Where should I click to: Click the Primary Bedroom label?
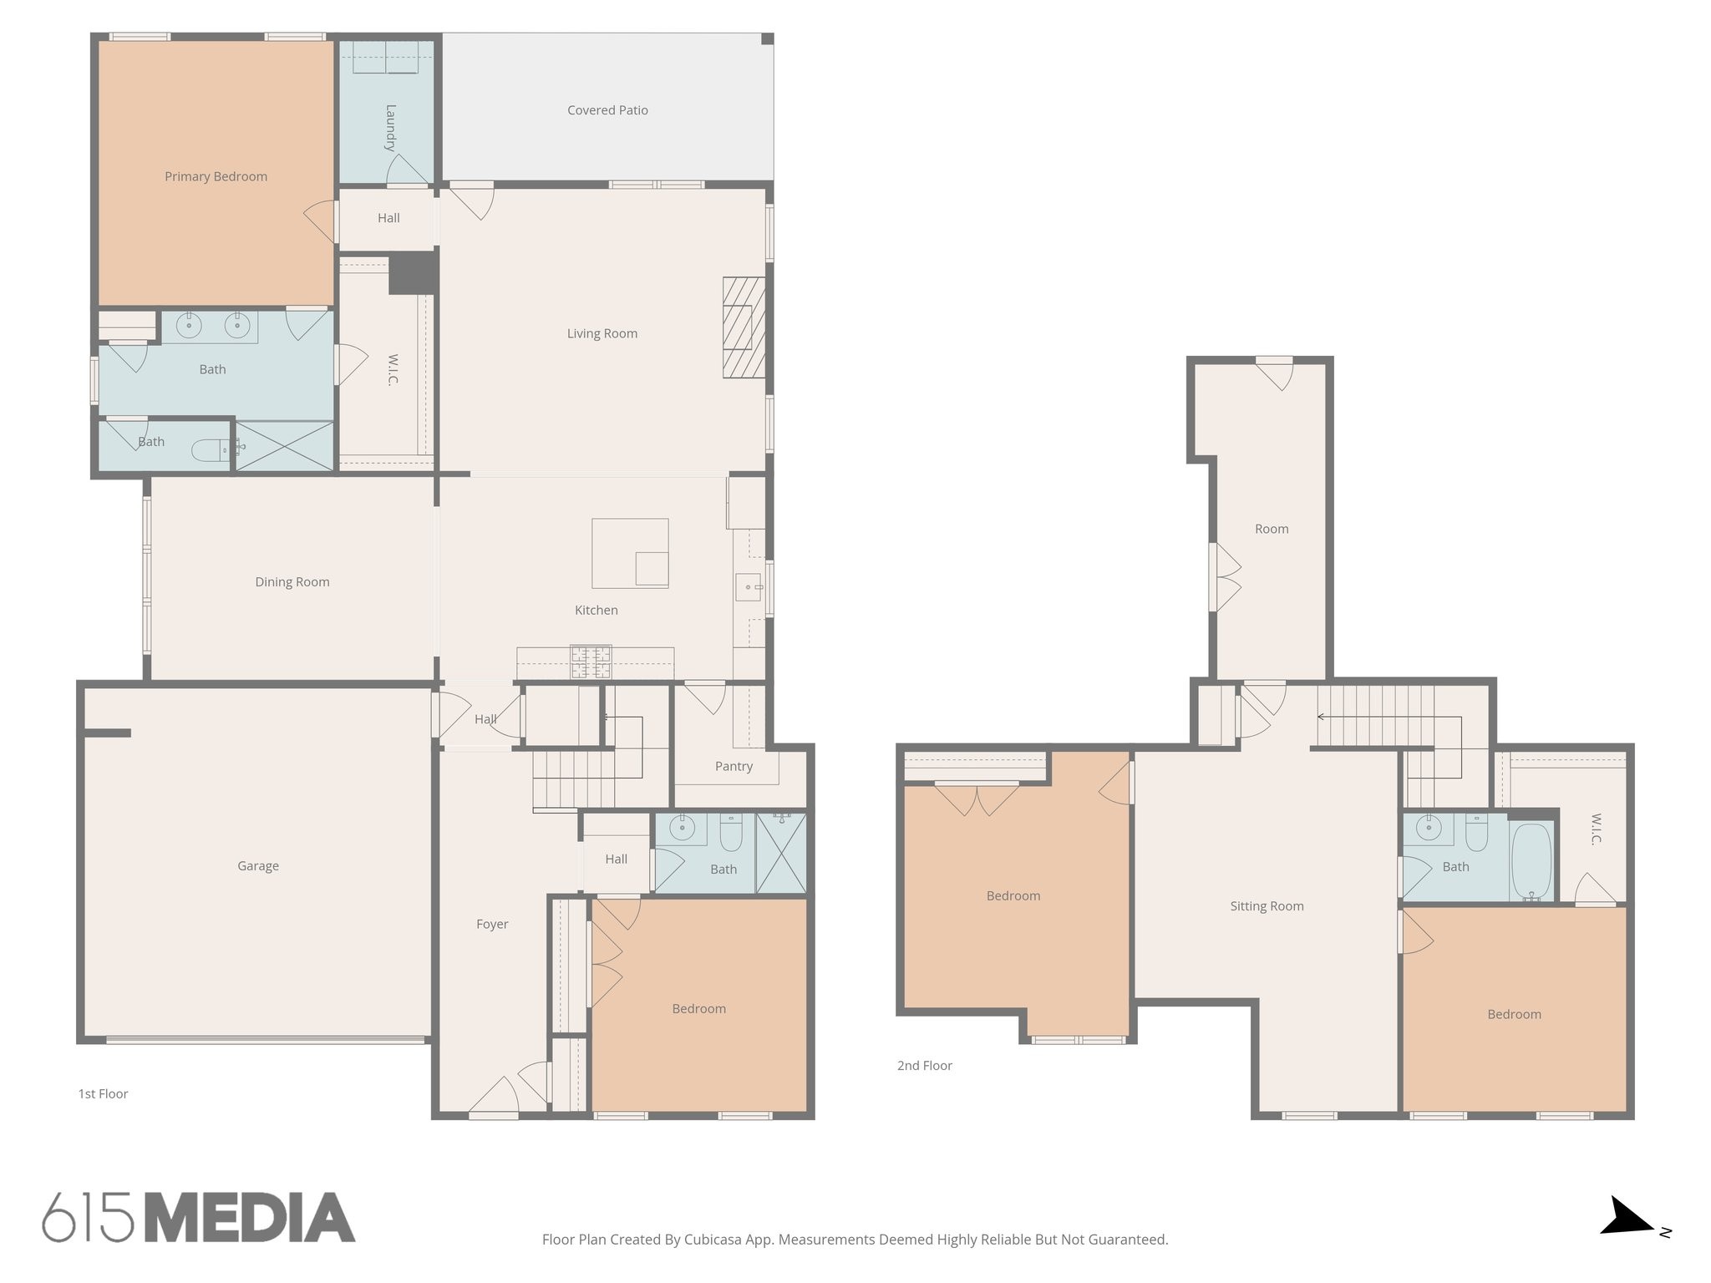[x=216, y=176]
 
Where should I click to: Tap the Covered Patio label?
[x=607, y=110]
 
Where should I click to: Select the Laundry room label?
[x=390, y=127]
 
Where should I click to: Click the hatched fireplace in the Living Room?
[x=744, y=327]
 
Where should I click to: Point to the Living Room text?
[x=602, y=333]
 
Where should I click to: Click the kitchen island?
[x=630, y=553]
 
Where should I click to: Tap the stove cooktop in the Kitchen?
[x=591, y=662]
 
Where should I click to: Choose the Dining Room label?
[x=292, y=582]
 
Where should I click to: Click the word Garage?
[x=258, y=866]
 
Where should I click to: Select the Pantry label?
[x=734, y=766]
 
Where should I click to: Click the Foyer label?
[x=492, y=924]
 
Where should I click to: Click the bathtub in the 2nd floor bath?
[x=1531, y=862]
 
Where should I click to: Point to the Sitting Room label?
[x=1267, y=906]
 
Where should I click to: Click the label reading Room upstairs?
[x=1272, y=529]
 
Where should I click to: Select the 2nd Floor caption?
[x=925, y=1066]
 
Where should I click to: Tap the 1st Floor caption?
[x=103, y=1094]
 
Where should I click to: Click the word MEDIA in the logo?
[x=251, y=1218]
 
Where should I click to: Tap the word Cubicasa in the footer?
[x=714, y=1240]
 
